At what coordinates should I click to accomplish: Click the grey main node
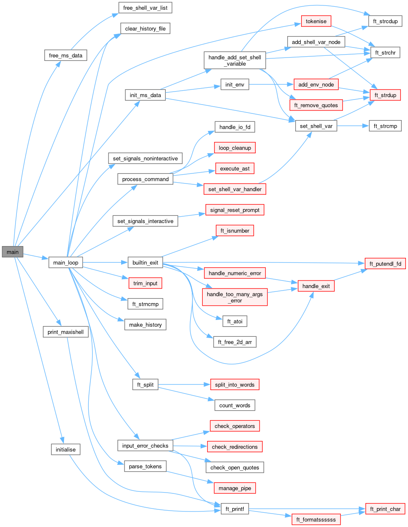click(12, 252)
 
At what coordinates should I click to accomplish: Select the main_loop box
click(66, 263)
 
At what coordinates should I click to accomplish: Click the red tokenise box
click(316, 21)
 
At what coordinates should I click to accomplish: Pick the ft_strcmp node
click(385, 126)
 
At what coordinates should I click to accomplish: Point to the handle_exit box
click(316, 286)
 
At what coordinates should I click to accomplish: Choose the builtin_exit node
click(145, 263)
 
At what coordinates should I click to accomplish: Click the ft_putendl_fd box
click(385, 264)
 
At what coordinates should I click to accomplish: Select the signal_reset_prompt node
click(235, 210)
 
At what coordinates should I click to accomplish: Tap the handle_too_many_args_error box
click(235, 297)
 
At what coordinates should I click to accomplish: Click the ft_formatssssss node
click(316, 520)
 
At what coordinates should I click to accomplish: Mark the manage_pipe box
click(235, 488)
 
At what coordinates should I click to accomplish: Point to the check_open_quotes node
click(235, 468)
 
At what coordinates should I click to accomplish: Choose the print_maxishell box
click(66, 332)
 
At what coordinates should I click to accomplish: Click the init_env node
click(235, 85)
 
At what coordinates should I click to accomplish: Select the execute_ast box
click(235, 169)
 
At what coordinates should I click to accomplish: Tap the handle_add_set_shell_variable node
click(235, 60)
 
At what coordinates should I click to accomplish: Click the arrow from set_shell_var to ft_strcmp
click(353, 126)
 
